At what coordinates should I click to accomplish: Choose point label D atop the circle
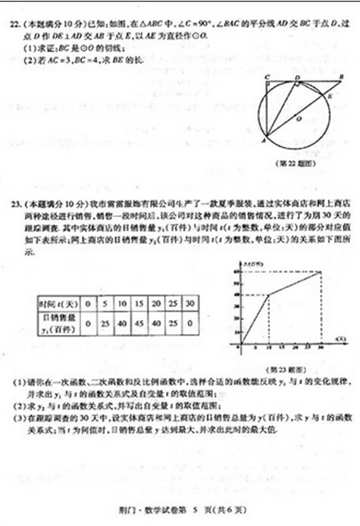pyautogui.click(x=297, y=77)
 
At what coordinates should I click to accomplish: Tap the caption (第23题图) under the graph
pyautogui.click(x=286, y=367)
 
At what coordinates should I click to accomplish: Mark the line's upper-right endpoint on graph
pyautogui.click(x=321, y=272)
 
